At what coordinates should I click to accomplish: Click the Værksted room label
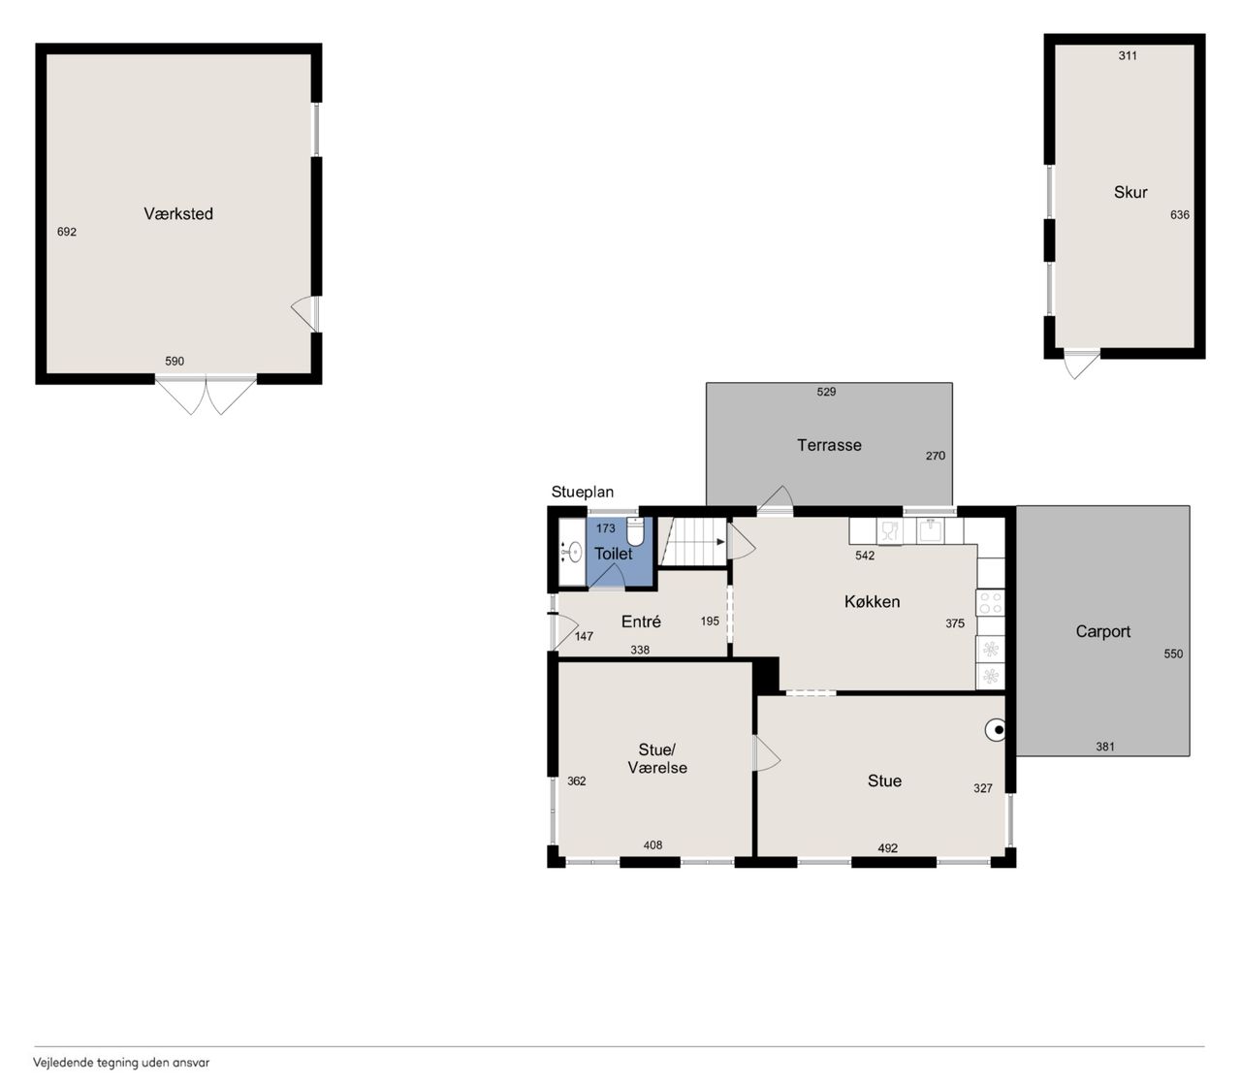[178, 213]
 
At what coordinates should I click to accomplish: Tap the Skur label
[1130, 192]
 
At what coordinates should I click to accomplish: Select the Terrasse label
[829, 445]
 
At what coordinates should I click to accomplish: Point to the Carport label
[1102, 632]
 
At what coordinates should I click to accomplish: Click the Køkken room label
[873, 601]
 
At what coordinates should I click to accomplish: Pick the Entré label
[641, 621]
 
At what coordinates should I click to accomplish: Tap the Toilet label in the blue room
[613, 554]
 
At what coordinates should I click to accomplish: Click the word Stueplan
[583, 492]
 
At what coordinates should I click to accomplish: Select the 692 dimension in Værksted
[67, 232]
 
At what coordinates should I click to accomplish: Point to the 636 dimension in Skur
[1180, 214]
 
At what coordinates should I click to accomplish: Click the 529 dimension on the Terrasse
[826, 392]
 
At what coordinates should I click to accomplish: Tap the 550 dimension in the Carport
[1173, 653]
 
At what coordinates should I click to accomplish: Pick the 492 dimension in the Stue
[887, 848]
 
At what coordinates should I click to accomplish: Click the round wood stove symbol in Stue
[996, 730]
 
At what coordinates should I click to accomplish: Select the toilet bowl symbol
[635, 531]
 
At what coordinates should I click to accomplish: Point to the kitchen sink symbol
[930, 531]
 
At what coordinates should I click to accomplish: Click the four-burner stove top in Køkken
[991, 603]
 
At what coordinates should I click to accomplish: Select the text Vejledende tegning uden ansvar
[121, 1063]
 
